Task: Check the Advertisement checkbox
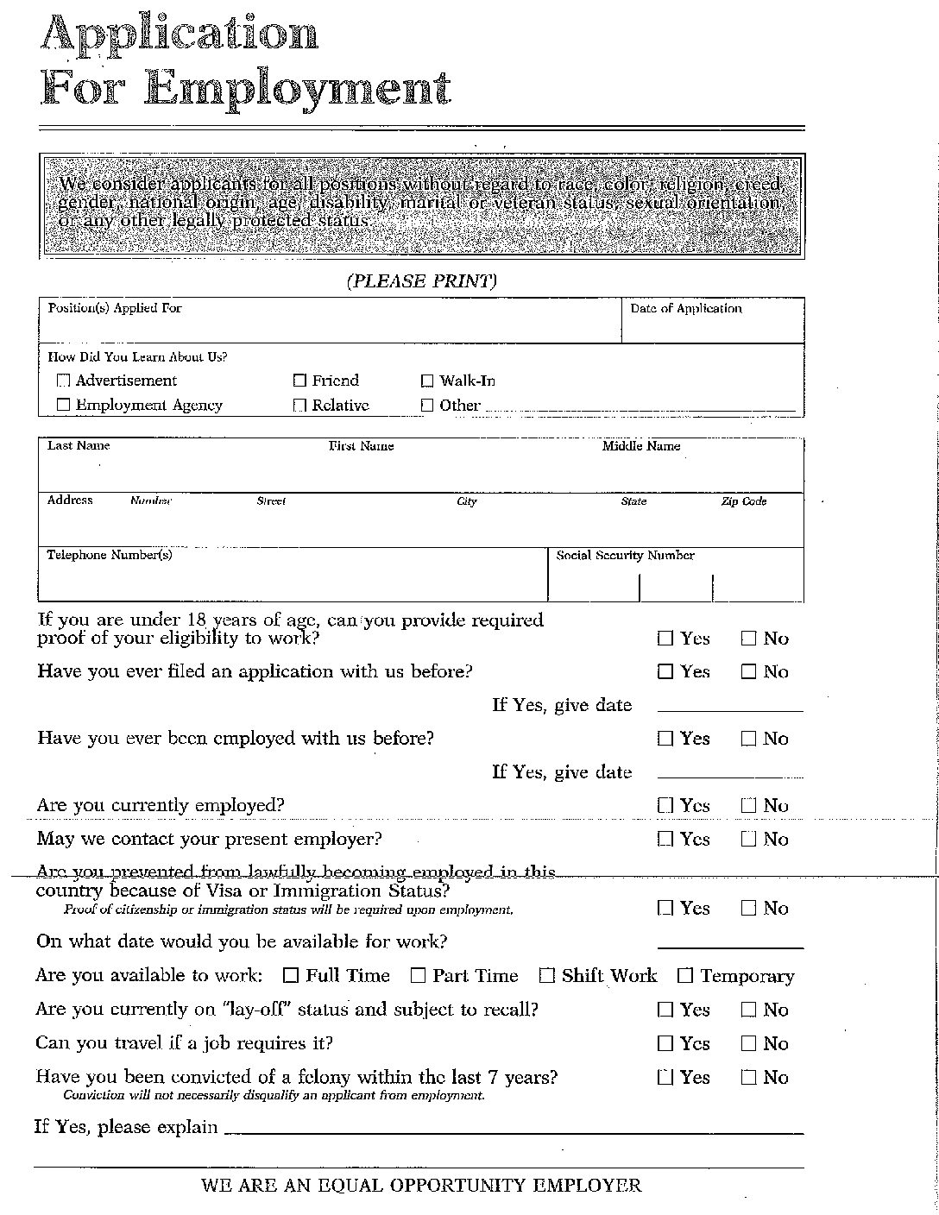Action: point(63,381)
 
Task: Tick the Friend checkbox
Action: point(299,381)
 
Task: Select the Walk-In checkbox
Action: point(427,381)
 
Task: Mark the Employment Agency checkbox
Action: point(63,405)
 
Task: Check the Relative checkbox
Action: point(299,405)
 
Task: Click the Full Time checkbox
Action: point(291,976)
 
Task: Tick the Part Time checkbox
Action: point(418,976)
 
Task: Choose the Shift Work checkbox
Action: point(546,976)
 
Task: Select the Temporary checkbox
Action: point(685,976)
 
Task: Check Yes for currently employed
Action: point(665,805)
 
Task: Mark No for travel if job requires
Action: point(748,1043)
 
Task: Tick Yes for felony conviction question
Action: point(665,1077)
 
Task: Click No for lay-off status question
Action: point(748,1010)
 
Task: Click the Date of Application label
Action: point(685,308)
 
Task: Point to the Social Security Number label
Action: point(625,555)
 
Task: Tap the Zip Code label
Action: point(743,501)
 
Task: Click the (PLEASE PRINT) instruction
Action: point(421,281)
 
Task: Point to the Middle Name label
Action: point(640,446)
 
